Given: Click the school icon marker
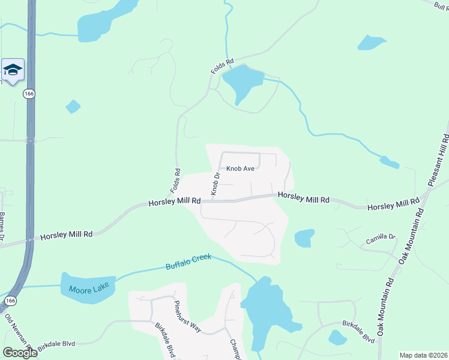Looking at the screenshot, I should coord(13,70).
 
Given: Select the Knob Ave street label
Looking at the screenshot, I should coord(241,169).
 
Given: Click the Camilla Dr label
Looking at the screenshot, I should coord(381,240).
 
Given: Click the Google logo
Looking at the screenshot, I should coord(20,353).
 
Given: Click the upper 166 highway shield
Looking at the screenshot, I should coord(29,94).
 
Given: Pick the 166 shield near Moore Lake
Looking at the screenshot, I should coord(10,300).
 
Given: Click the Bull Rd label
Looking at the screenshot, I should coord(441,6).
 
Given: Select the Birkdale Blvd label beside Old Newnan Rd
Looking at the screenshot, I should coord(56,344).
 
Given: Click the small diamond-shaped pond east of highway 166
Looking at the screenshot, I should coord(73,106).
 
